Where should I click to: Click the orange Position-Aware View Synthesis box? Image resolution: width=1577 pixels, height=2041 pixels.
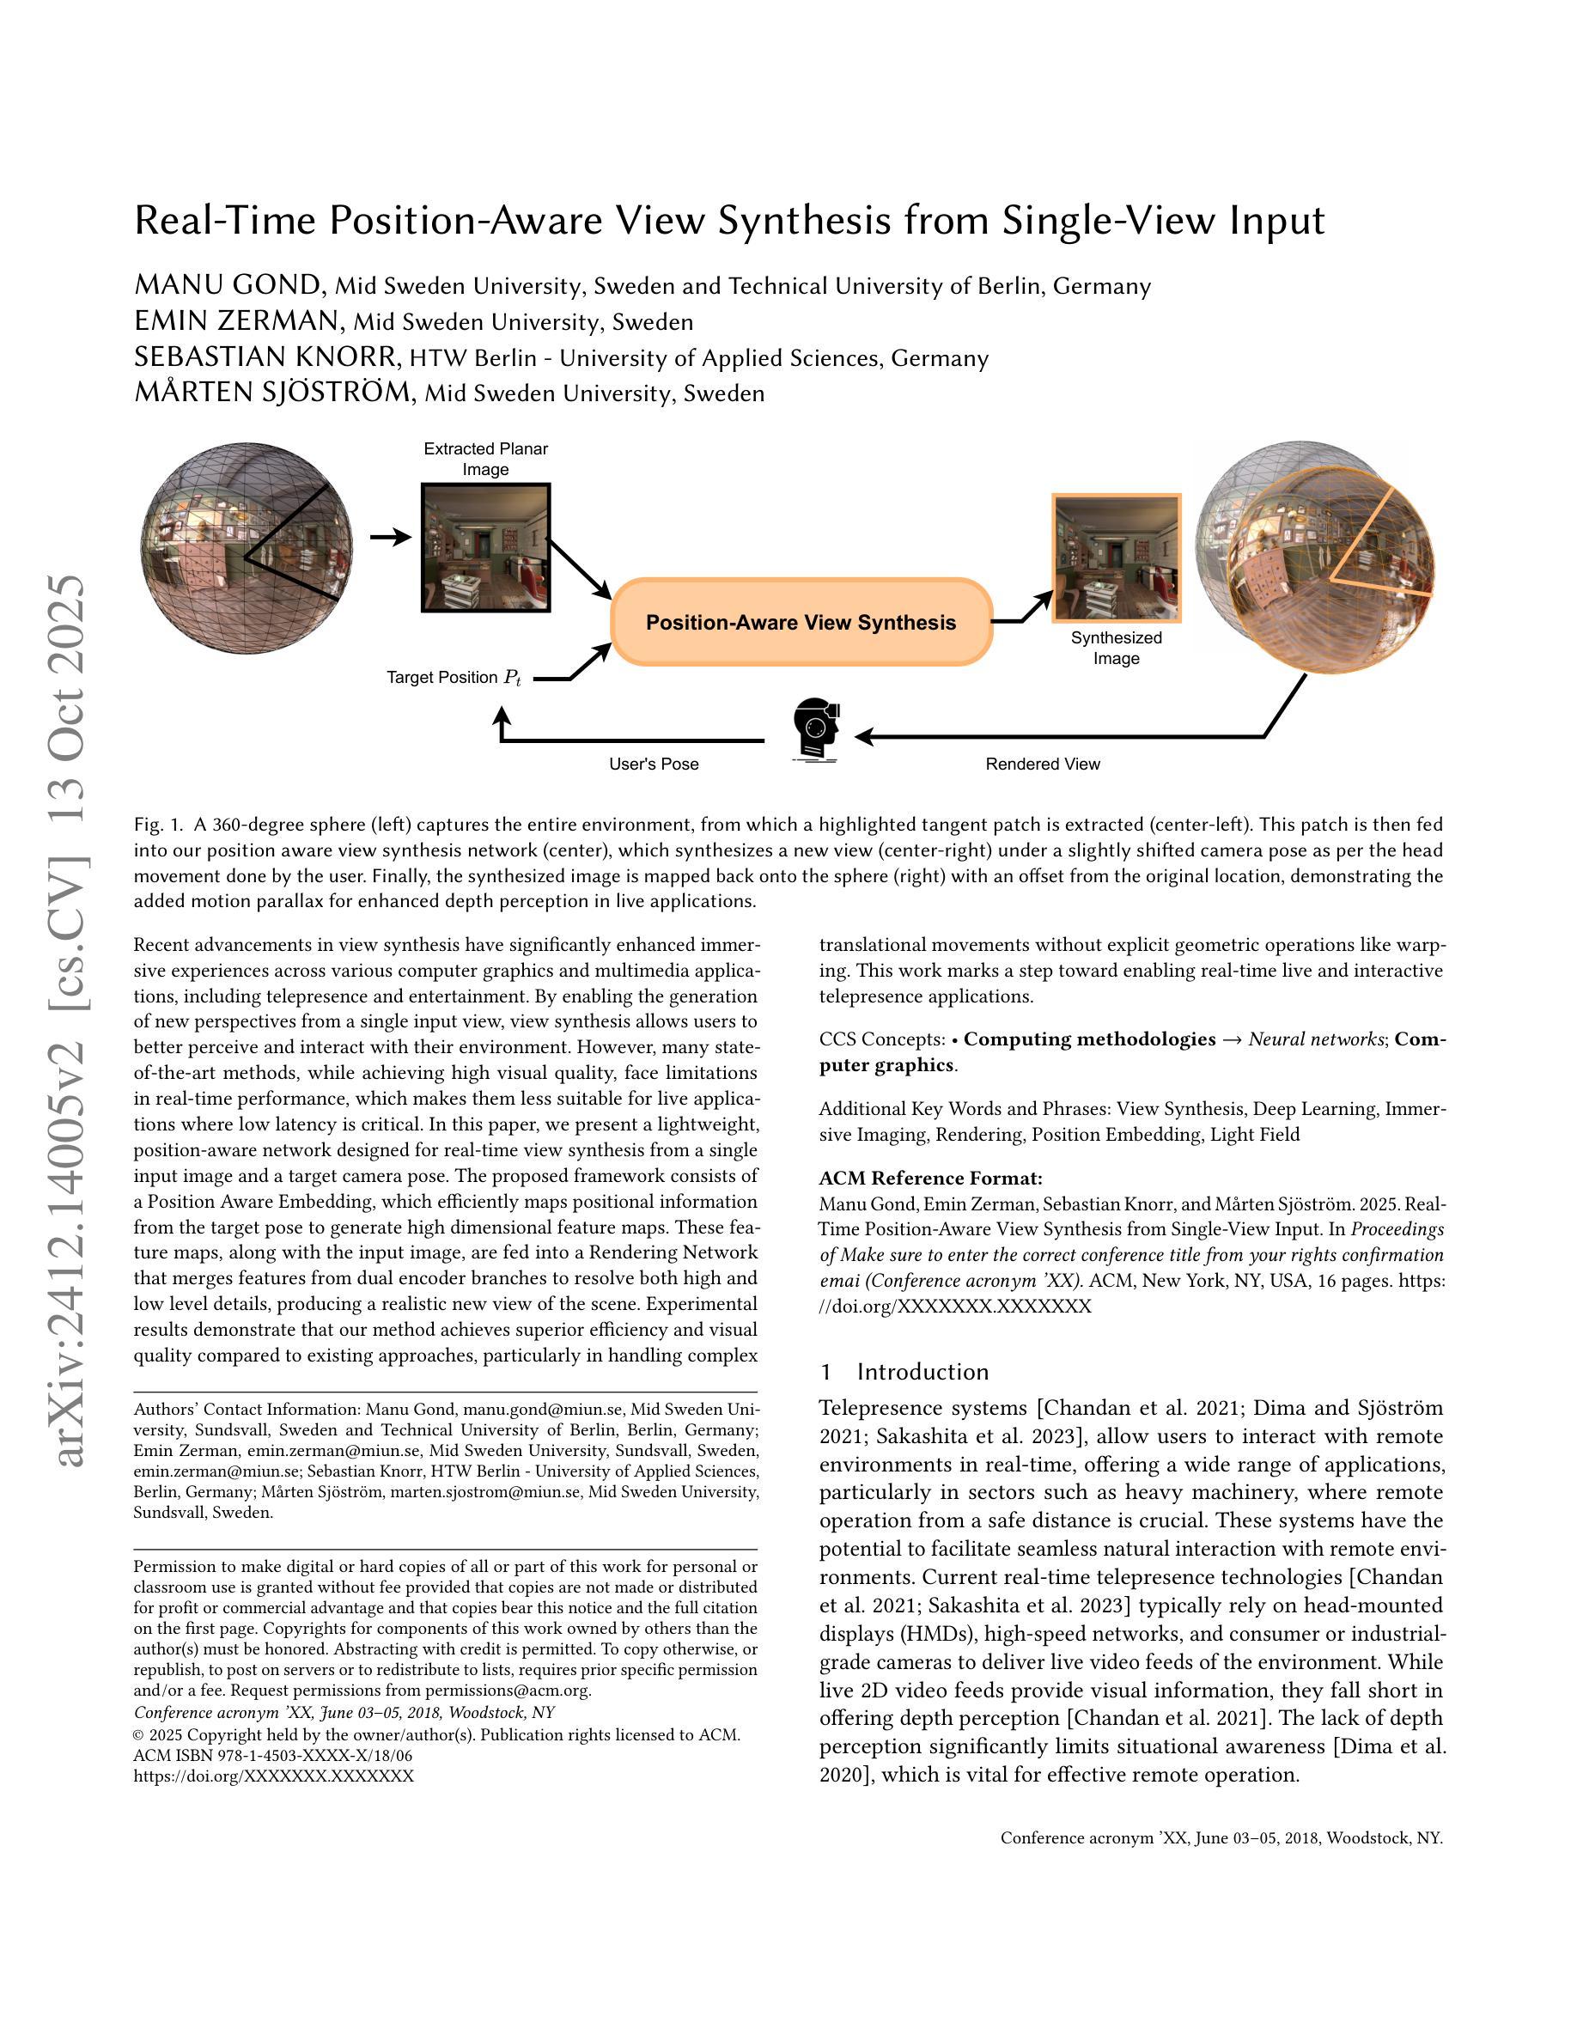click(x=801, y=623)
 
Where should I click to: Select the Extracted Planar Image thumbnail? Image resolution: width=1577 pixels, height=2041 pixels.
click(x=486, y=548)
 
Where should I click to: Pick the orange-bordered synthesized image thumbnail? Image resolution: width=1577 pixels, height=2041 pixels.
click(x=1117, y=557)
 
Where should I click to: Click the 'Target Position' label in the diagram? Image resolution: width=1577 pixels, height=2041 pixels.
click(x=441, y=678)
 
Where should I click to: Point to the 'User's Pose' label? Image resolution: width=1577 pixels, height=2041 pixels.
click(x=653, y=764)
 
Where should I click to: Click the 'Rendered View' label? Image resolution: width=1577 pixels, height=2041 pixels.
click(x=1043, y=764)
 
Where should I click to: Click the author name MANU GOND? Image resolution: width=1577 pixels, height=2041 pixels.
click(x=228, y=284)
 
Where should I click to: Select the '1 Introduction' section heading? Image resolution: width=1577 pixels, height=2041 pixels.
click(x=904, y=1371)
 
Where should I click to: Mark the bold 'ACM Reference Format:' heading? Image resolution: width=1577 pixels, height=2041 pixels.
click(x=930, y=1178)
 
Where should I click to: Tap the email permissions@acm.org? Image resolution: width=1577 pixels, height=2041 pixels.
click(x=508, y=1690)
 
